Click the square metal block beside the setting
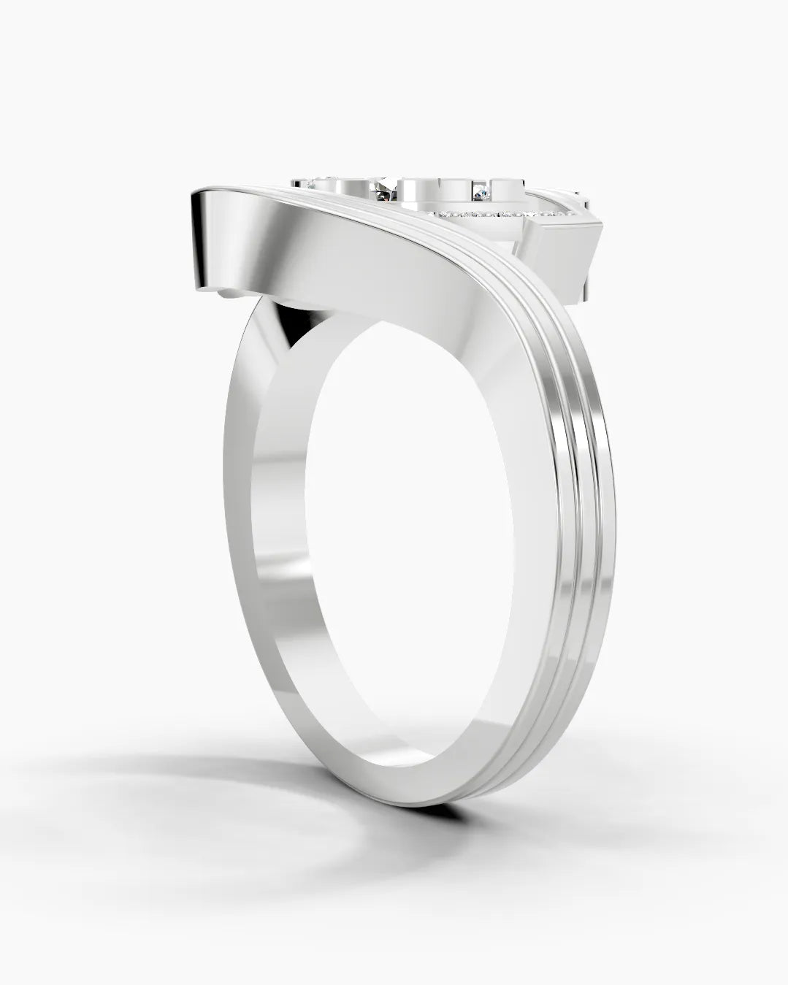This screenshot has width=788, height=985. pos(562,252)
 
